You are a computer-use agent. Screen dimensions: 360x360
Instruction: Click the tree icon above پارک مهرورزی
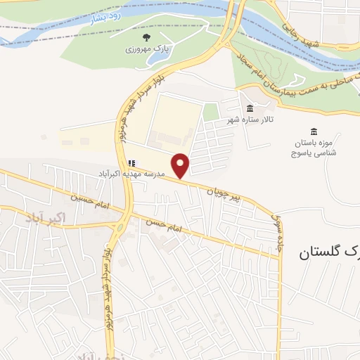146,37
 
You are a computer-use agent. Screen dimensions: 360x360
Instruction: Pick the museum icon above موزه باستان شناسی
314,131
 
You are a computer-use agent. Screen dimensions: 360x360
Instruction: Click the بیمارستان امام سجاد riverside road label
295,84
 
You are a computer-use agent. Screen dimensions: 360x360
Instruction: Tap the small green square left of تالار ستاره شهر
210,111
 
